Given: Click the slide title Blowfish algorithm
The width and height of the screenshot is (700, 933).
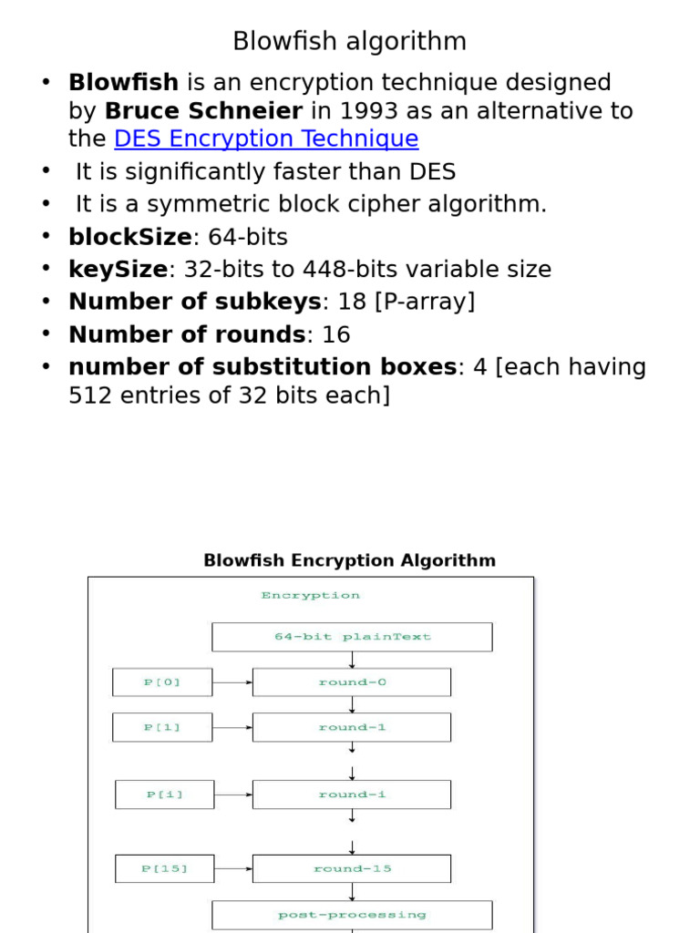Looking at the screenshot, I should tap(349, 41).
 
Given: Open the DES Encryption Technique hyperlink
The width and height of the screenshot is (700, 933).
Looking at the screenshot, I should tap(266, 139).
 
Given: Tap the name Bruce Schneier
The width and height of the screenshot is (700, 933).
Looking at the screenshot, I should tap(203, 111).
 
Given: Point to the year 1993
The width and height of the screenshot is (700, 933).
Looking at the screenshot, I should tap(360, 111).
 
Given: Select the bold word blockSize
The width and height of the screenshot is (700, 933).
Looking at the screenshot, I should tap(130, 238).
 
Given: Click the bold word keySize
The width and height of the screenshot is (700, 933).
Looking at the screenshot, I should tap(118, 270).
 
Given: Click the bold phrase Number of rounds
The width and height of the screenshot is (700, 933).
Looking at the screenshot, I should tap(187, 334).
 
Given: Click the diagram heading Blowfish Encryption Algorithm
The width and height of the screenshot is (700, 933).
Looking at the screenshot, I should tap(349, 560).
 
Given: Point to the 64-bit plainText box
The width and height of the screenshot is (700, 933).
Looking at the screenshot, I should tap(352, 637).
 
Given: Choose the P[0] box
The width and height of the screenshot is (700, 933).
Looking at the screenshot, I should tap(162, 682).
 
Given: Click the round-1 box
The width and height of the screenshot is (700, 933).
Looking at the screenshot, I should tap(352, 727).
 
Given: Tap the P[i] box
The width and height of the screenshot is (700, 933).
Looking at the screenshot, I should tap(164, 795).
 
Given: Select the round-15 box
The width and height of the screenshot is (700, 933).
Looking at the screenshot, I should tap(352, 868).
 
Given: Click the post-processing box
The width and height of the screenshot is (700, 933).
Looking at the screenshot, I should tap(352, 914).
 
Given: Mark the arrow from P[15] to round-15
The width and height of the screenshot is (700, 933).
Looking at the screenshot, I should tap(233, 868).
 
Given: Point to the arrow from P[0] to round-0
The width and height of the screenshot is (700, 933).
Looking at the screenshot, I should tap(232, 682).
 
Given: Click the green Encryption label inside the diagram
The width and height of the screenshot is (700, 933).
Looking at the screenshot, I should tap(310, 595).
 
